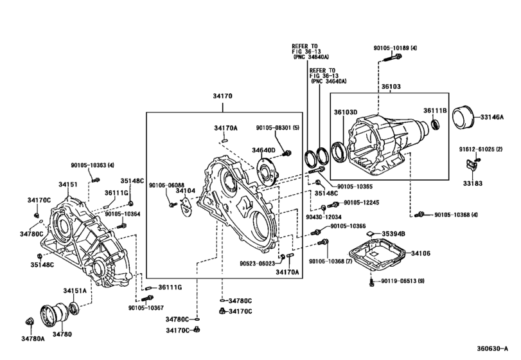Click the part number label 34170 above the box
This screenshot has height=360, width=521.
tap(223, 96)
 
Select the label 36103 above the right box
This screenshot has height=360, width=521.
tap(391, 86)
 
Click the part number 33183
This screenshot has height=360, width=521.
tap(473, 183)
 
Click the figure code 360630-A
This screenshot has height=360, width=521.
tap(493, 348)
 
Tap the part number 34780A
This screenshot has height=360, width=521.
tap(33, 338)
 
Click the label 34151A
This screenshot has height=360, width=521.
tap(75, 291)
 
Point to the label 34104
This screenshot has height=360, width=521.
tap(186, 191)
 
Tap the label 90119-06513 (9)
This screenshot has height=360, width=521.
tap(403, 281)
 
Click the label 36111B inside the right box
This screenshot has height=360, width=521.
tap(435, 111)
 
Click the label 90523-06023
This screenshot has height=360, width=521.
tap(258, 264)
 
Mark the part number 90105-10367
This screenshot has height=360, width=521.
tap(146, 308)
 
